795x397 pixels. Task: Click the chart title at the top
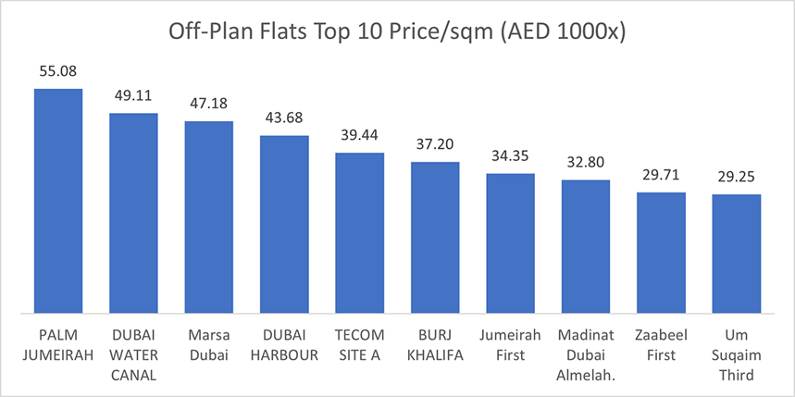(398, 31)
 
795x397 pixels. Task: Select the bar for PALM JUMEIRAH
(58, 200)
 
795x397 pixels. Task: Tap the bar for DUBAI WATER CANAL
(133, 213)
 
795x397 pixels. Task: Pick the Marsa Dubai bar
(209, 217)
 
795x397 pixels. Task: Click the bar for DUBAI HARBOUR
(284, 224)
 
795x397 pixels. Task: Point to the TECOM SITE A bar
(359, 232)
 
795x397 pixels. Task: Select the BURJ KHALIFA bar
(435, 237)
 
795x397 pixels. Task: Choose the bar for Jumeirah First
(510, 242)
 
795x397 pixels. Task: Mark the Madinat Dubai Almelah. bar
(586, 246)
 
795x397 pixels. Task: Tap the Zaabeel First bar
(661, 252)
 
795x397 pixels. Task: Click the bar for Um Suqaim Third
(737, 253)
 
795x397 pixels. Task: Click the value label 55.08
(58, 70)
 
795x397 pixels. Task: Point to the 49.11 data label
(133, 95)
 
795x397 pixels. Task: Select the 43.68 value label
(284, 118)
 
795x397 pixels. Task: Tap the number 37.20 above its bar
(435, 143)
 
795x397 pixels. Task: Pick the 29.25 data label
(737, 176)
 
